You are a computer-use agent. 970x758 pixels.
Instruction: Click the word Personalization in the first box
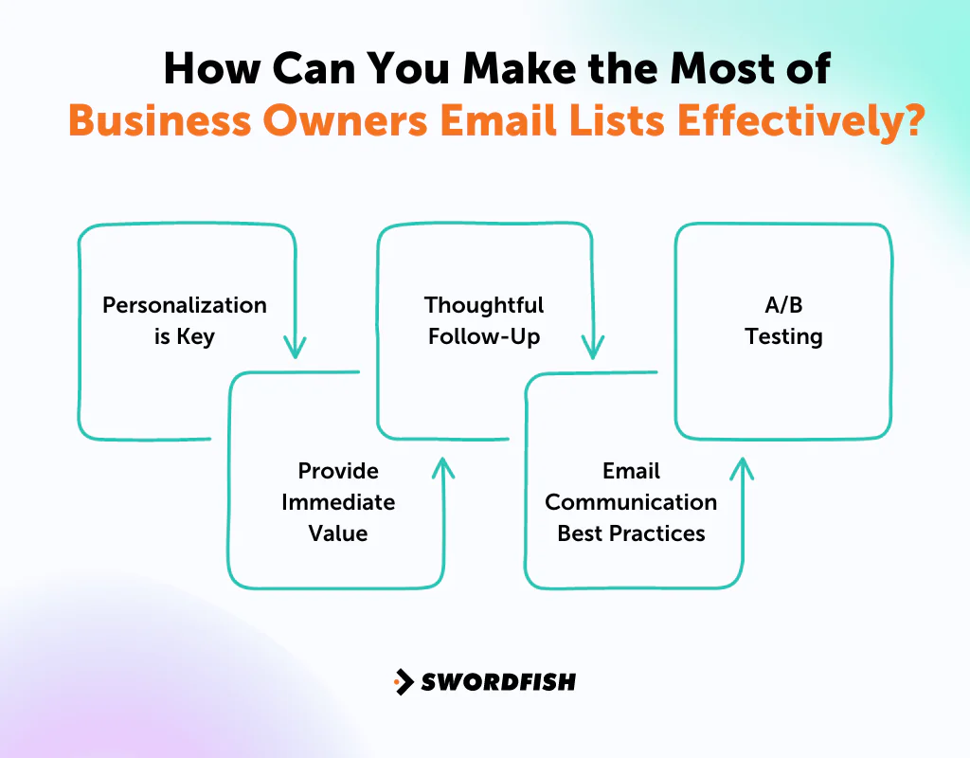click(185, 305)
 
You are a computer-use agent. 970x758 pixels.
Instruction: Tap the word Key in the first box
click(196, 336)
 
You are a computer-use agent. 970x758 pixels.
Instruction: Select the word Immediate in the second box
click(338, 502)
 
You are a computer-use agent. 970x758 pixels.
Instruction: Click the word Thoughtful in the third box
click(484, 305)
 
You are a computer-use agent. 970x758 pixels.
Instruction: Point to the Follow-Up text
click(484, 336)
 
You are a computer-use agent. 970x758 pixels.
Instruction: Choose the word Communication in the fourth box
click(631, 502)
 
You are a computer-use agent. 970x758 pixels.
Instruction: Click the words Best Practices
click(631, 533)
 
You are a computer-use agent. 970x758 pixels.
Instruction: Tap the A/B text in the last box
click(783, 305)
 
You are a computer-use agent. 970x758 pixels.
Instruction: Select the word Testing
click(783, 336)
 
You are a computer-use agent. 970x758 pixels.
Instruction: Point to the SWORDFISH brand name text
click(498, 681)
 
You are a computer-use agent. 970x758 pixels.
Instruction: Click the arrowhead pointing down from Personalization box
click(296, 348)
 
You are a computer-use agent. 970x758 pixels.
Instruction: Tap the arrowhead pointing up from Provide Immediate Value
click(442, 467)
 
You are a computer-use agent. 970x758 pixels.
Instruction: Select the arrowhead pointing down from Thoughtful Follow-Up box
click(593, 348)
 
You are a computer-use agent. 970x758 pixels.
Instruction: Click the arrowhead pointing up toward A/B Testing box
click(742, 467)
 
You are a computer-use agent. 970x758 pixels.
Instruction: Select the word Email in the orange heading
click(507, 122)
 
